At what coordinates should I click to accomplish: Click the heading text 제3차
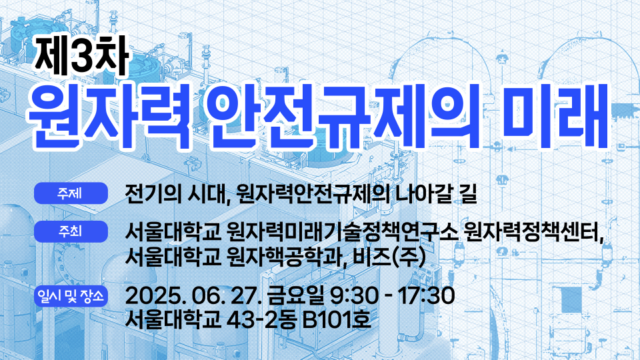(81, 56)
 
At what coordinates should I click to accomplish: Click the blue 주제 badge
(71, 193)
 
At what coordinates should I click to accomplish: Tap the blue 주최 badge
(71, 231)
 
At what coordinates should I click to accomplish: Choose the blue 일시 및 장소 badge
(71, 296)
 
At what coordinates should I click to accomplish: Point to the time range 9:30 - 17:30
(392, 296)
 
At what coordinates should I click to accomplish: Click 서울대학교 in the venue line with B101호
(173, 319)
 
